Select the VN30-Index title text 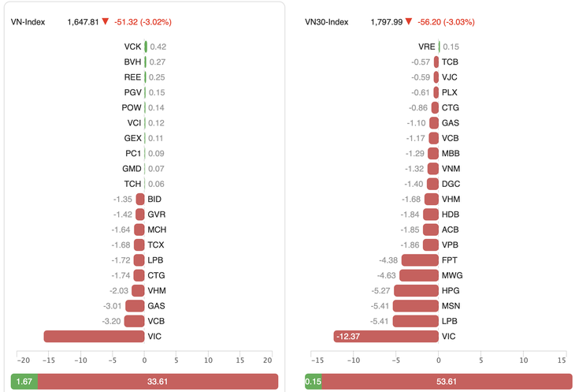point(328,21)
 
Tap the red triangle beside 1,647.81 point(105,21)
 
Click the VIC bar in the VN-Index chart point(94,336)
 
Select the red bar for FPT point(420,260)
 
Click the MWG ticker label point(451,275)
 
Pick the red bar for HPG point(416,290)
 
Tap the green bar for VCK point(146,47)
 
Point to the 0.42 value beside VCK point(158,47)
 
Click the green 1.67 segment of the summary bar point(24,382)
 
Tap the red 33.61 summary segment point(158,382)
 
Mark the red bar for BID point(139,200)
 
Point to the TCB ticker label point(451,62)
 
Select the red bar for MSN point(416,305)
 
